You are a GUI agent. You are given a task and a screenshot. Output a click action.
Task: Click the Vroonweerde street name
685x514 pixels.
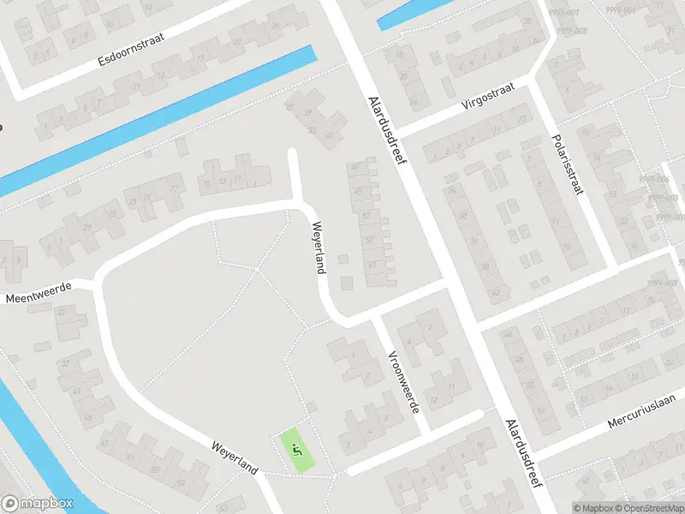403,381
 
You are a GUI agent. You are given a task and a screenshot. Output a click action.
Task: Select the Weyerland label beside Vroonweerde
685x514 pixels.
319,248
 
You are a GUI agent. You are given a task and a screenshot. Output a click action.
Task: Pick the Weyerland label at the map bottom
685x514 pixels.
235,457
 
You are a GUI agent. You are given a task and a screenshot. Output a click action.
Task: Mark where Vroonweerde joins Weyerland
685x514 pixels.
374,319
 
